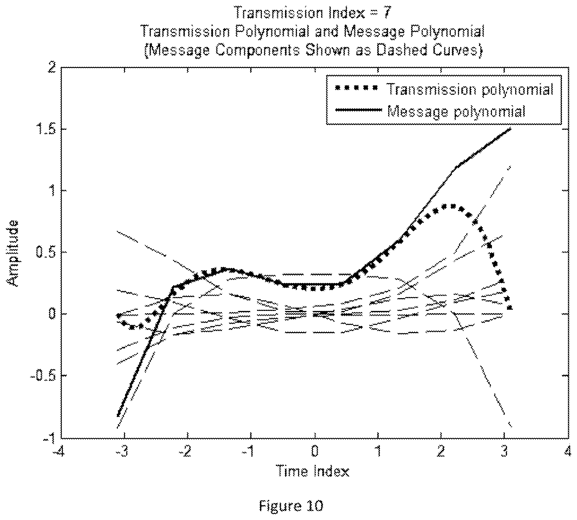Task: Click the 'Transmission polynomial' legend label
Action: click(x=470, y=89)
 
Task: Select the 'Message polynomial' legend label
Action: click(x=456, y=111)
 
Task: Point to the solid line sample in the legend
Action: click(x=358, y=110)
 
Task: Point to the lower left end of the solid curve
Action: click(x=118, y=416)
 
